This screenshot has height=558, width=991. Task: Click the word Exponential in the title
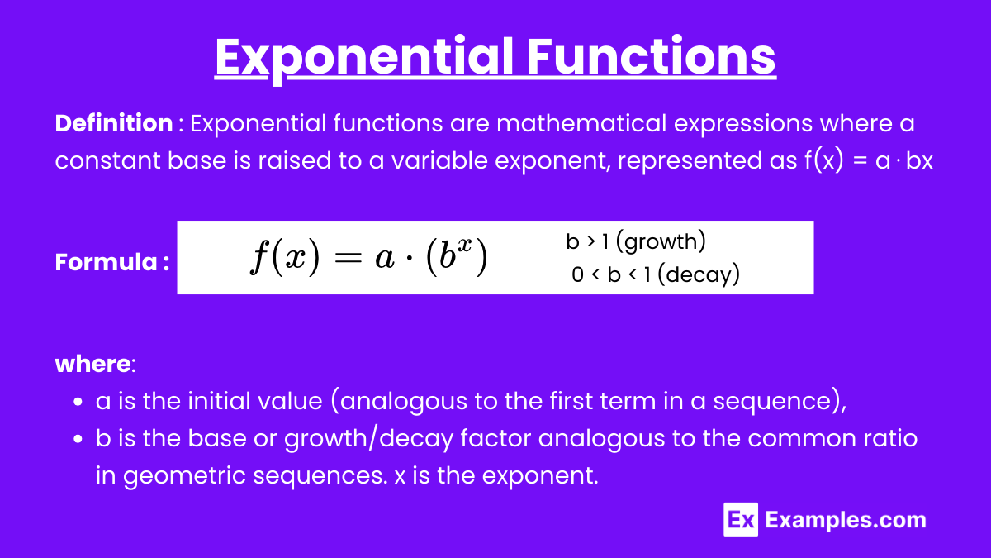(x=364, y=58)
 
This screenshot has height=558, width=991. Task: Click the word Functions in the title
(x=652, y=56)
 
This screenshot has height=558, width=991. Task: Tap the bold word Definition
(x=114, y=122)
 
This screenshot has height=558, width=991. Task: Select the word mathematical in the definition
(x=581, y=122)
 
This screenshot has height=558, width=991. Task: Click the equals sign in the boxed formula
(x=349, y=258)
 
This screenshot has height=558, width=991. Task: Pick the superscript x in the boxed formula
(x=464, y=245)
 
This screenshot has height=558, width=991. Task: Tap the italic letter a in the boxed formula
(x=385, y=259)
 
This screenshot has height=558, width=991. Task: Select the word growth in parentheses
(x=661, y=242)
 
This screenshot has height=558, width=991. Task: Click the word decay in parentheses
(x=699, y=275)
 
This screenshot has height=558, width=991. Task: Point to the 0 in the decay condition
(x=577, y=274)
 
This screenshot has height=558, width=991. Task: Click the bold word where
(x=92, y=364)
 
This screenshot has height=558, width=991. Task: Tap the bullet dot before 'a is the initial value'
(x=78, y=402)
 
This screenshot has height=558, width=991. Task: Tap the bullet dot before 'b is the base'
(x=78, y=439)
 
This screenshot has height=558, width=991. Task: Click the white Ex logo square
(x=741, y=519)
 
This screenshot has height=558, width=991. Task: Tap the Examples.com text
(x=846, y=520)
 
